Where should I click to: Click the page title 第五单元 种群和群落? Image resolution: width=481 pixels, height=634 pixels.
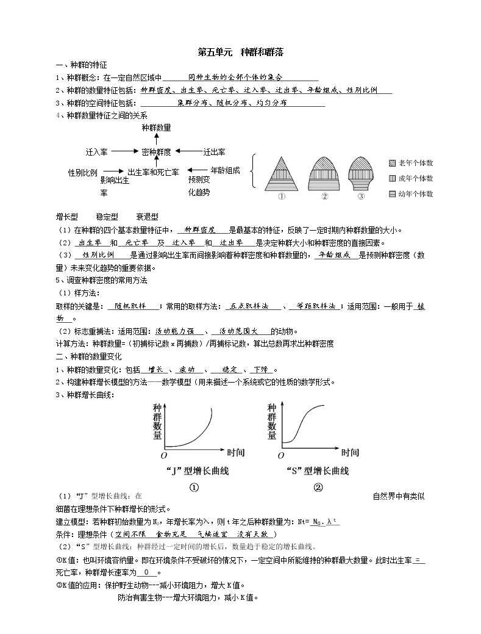click(x=240, y=53)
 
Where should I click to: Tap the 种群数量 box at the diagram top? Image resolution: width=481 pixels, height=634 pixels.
click(x=156, y=128)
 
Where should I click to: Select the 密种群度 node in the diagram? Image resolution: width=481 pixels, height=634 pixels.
click(x=156, y=151)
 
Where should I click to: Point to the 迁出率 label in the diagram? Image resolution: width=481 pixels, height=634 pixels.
click(x=215, y=151)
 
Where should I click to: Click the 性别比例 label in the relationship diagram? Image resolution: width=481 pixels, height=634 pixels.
click(x=82, y=173)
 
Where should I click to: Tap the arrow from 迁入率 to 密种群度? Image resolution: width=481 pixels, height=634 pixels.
click(x=124, y=151)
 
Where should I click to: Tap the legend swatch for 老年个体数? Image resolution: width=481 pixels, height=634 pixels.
click(x=393, y=163)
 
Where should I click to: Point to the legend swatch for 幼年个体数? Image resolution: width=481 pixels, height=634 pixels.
click(x=393, y=194)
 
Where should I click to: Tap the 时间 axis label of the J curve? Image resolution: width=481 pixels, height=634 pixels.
click(x=235, y=453)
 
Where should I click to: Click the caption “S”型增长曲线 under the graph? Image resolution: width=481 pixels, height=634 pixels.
click(x=318, y=471)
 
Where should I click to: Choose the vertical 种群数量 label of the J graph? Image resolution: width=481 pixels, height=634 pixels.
click(x=157, y=421)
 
